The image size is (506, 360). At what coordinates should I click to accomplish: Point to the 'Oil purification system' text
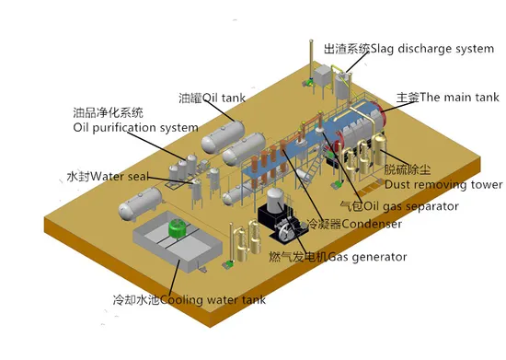pyautogui.click(x=135, y=128)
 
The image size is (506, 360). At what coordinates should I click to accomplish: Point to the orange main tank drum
pyautogui.click(x=354, y=124)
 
